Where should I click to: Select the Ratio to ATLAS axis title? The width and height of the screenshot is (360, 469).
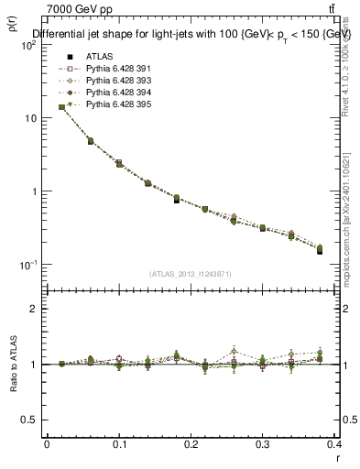[12, 365]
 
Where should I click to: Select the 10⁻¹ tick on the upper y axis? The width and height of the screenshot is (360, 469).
[27, 265]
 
